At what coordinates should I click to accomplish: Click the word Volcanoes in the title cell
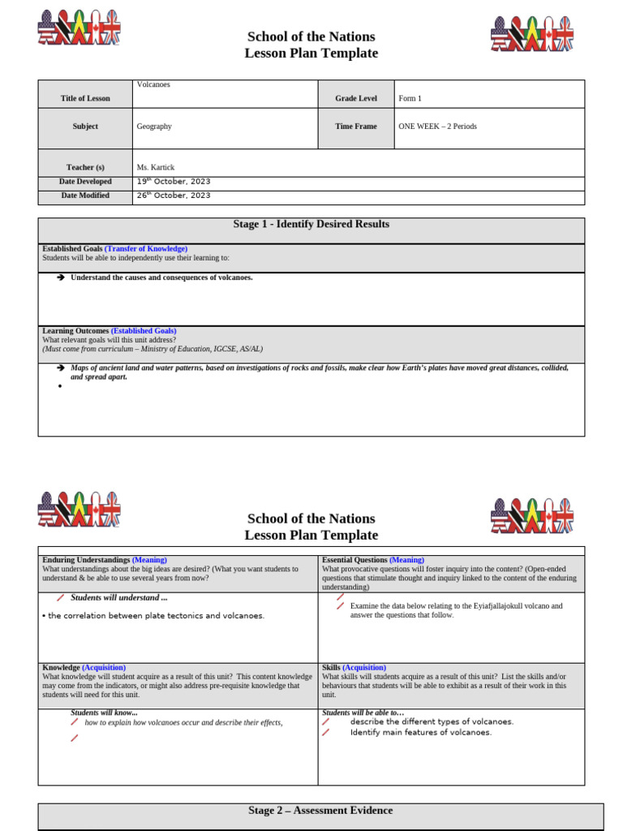click(153, 84)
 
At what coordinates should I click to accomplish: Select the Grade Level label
click(356, 98)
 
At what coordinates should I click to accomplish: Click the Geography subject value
click(154, 127)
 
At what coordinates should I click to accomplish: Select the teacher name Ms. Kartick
click(156, 167)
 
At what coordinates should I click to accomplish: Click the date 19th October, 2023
click(173, 182)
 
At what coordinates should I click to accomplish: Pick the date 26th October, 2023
click(173, 196)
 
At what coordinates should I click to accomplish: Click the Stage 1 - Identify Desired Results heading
click(311, 224)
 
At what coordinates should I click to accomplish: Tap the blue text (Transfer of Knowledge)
click(146, 248)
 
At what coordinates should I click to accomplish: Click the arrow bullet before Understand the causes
click(61, 278)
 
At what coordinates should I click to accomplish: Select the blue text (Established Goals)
click(144, 331)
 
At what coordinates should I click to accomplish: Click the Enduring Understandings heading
click(86, 560)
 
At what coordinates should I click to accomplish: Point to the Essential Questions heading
click(354, 560)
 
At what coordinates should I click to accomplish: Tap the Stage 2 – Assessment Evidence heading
click(320, 811)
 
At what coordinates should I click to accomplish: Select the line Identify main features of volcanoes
click(420, 733)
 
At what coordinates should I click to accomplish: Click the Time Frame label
click(356, 127)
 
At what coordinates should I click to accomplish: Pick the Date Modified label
click(85, 196)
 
